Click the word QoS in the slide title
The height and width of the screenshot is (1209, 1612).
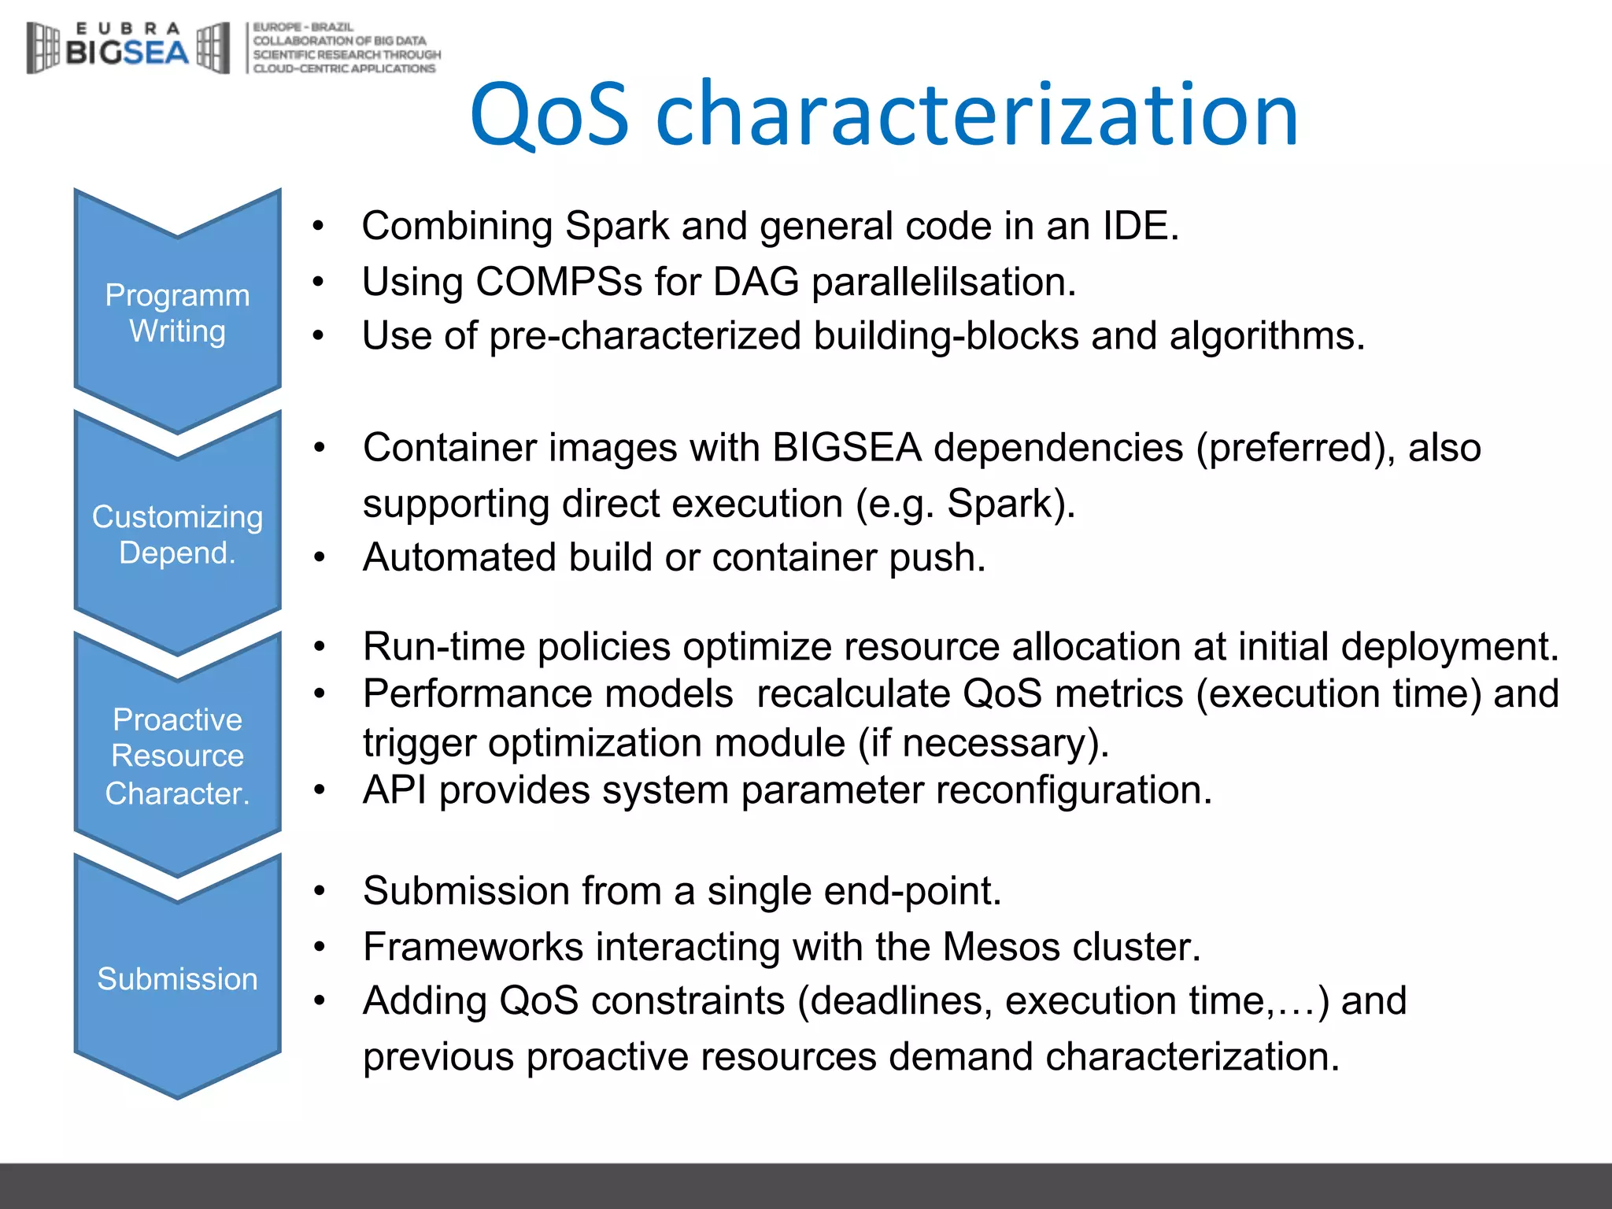point(549,116)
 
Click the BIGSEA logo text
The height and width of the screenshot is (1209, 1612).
point(128,53)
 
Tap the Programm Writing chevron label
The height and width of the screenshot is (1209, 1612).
point(177,313)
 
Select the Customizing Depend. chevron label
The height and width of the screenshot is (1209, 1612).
point(177,534)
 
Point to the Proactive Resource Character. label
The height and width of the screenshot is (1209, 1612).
point(177,756)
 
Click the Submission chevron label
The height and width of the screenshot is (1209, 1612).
point(177,978)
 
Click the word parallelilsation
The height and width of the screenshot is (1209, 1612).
point(943,282)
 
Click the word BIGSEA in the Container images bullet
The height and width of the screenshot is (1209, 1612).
point(846,448)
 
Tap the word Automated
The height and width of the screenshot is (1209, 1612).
point(459,557)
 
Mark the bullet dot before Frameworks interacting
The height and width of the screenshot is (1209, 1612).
point(319,947)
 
